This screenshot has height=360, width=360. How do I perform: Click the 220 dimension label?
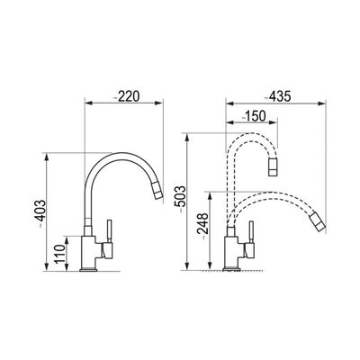[127, 96]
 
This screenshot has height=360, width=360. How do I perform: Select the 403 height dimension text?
[40, 211]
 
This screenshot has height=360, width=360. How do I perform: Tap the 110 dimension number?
[60, 254]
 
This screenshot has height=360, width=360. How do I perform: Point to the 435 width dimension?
[277, 96]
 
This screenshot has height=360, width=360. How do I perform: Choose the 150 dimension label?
[255, 116]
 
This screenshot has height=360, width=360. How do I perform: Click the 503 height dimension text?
[181, 200]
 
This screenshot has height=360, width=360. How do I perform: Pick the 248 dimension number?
[202, 226]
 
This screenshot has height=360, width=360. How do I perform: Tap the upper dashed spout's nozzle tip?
[273, 166]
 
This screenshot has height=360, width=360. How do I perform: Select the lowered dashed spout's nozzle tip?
[317, 221]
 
